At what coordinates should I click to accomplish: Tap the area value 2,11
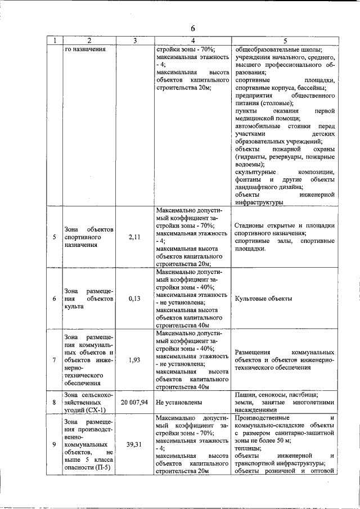[134, 237]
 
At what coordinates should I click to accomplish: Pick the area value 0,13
[134, 299]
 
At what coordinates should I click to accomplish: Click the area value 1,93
[134, 360]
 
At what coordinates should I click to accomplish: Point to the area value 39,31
[134, 444]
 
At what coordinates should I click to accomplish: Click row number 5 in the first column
[55, 237]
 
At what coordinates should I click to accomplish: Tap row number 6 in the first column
[55, 299]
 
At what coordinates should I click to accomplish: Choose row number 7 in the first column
[55, 360]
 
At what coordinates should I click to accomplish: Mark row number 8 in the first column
[55, 403]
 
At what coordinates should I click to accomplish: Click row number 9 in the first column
[55, 444]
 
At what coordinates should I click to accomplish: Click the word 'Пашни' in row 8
[245, 395]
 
